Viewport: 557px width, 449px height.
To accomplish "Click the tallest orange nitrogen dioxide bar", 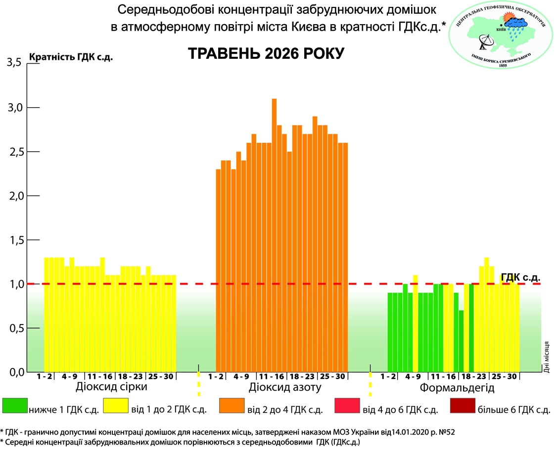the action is coord(274,235).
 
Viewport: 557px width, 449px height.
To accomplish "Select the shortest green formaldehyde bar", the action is coord(461,341).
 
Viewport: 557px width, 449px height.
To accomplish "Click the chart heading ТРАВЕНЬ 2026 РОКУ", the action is coord(266,53).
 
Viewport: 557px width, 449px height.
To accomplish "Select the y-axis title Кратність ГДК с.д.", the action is coord(71,57).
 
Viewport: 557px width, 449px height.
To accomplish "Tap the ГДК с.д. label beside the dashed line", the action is coord(520,277).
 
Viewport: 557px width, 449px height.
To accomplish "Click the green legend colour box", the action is coord(15,406).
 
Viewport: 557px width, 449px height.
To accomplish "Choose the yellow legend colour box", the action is coord(116,406).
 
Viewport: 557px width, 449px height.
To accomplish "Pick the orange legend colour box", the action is coord(232,406).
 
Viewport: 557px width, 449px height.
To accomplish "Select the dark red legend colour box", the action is coord(463,406).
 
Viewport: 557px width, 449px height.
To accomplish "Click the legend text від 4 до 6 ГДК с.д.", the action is coord(400,410).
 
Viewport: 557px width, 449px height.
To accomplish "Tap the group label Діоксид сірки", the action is coord(111,387).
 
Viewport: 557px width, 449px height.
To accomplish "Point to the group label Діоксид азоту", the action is coord(285,387).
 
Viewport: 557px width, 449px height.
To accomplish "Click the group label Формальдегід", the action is coord(457,388).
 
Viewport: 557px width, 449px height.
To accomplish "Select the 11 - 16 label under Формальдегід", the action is coord(443,377).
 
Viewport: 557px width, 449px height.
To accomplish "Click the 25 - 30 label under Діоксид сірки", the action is coord(161,377).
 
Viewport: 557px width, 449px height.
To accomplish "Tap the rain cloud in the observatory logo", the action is coord(516,25).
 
